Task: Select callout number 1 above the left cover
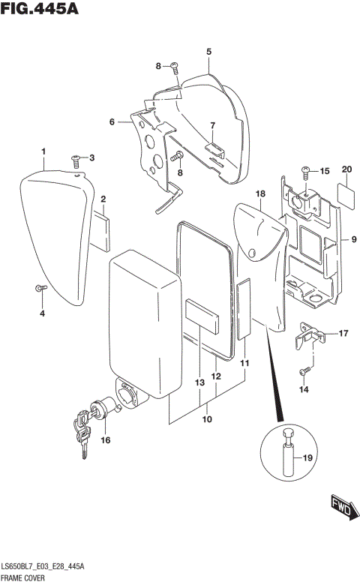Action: (43, 152)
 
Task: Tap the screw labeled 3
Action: (76, 159)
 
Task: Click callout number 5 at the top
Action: (208, 51)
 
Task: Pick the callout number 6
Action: (112, 122)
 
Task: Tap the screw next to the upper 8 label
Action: (174, 67)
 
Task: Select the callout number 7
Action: (212, 125)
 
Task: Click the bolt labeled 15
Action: (306, 172)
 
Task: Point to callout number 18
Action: (260, 193)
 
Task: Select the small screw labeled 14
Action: (304, 371)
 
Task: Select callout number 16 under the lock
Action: (105, 440)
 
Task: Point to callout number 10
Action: (207, 418)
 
